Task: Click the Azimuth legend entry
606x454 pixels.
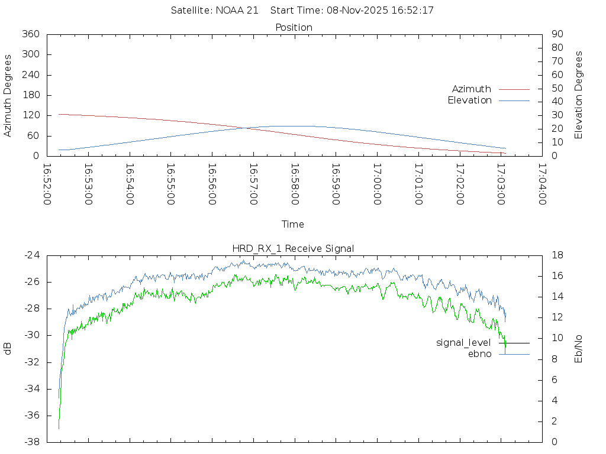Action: pyautogui.click(x=472, y=89)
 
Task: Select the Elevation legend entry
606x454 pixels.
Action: pyautogui.click(x=470, y=100)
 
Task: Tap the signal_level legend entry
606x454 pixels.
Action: pyautogui.click(x=463, y=343)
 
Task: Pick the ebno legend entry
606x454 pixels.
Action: pyautogui.click(x=480, y=354)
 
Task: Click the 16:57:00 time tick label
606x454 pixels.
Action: pyautogui.click(x=253, y=184)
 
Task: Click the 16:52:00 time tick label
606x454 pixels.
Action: pyautogui.click(x=47, y=184)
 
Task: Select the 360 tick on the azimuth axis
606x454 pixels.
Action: pyautogui.click(x=31, y=34)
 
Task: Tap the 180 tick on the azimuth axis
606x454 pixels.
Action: pyautogui.click(x=31, y=95)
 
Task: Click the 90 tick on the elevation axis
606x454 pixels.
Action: pyautogui.click(x=556, y=34)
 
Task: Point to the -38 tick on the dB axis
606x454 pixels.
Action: pyautogui.click(x=31, y=442)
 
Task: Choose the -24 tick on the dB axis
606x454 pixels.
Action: pyautogui.click(x=31, y=255)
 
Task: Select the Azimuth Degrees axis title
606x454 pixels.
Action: pyautogui.click(x=8, y=95)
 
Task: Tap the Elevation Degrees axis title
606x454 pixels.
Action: pyautogui.click(x=579, y=95)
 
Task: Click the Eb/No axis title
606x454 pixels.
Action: pyautogui.click(x=579, y=349)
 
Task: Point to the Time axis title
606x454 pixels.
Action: pyautogui.click(x=293, y=225)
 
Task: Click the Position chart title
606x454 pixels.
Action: pyautogui.click(x=294, y=27)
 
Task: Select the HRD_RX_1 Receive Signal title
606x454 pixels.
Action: pyautogui.click(x=294, y=248)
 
